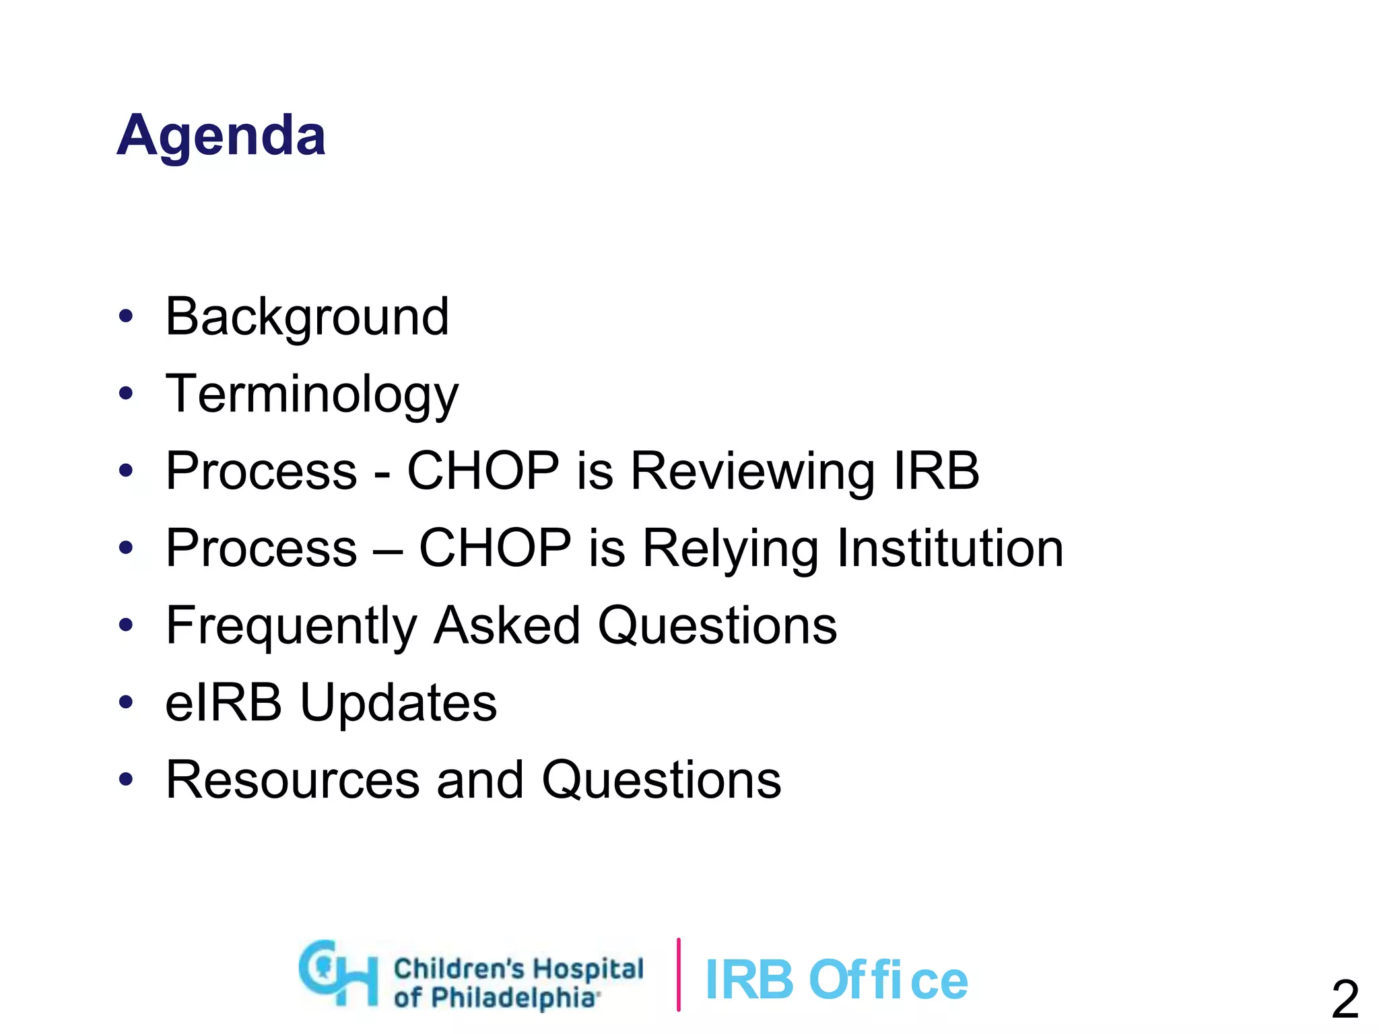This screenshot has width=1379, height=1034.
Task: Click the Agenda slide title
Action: point(221,136)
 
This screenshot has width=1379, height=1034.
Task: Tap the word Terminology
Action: point(312,394)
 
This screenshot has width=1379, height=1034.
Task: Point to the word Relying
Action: point(730,549)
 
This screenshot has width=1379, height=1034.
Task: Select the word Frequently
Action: point(292,626)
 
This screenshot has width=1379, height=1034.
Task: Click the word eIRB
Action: point(223,702)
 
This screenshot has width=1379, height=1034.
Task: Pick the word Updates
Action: point(398,703)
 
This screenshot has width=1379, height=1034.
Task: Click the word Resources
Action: point(292,780)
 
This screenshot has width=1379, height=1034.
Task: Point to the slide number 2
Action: point(1345,1000)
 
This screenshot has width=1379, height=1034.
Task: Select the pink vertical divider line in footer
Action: point(678,974)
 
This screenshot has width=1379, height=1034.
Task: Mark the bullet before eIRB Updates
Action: point(126,702)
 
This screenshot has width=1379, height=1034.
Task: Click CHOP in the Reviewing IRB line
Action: point(483,471)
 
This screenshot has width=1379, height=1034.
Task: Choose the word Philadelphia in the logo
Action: point(513,997)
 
